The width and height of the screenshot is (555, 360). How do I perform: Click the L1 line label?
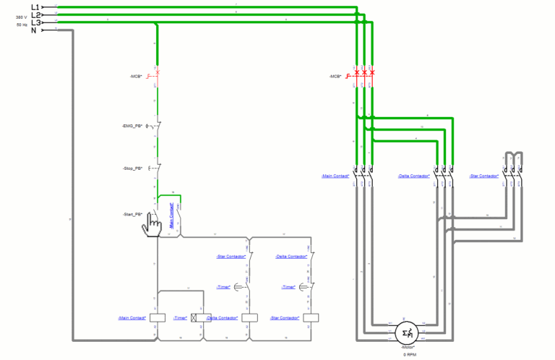(x=35, y=7)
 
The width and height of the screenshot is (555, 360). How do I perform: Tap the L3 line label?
(x=35, y=22)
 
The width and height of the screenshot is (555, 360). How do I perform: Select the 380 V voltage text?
(x=22, y=17)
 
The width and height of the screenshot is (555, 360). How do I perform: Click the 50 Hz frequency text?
(x=22, y=25)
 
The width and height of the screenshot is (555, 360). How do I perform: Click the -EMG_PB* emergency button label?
(x=133, y=126)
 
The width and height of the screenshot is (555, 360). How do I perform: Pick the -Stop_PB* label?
(x=134, y=168)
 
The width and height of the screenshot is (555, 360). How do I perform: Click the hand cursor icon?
(x=152, y=226)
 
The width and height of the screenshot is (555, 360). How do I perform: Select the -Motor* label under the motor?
(x=407, y=348)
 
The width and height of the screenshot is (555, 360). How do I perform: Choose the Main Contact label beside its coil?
(x=132, y=318)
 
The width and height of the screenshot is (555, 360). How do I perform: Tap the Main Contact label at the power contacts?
(x=335, y=176)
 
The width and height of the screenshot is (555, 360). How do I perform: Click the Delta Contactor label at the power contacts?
(x=414, y=176)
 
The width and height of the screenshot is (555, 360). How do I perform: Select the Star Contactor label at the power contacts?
(x=484, y=176)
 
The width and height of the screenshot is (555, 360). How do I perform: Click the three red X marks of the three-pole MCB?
(x=365, y=73)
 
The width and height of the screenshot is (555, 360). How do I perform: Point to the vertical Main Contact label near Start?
(x=171, y=215)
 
